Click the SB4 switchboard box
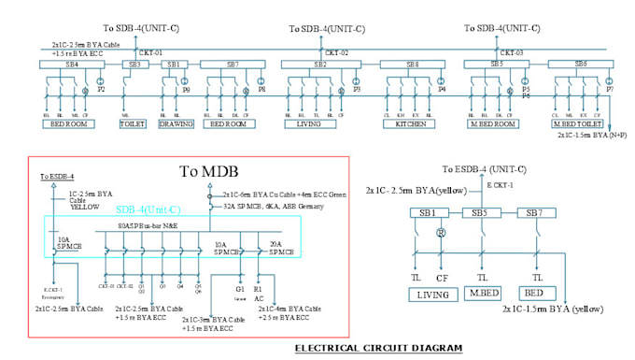click(x=60, y=65)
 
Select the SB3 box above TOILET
click(x=134, y=65)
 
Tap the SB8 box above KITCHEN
click(x=412, y=65)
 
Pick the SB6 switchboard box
click(x=580, y=65)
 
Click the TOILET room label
click(x=134, y=123)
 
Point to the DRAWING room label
click(x=176, y=123)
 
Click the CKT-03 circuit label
click(x=512, y=53)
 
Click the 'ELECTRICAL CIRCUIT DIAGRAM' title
click(x=378, y=348)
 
